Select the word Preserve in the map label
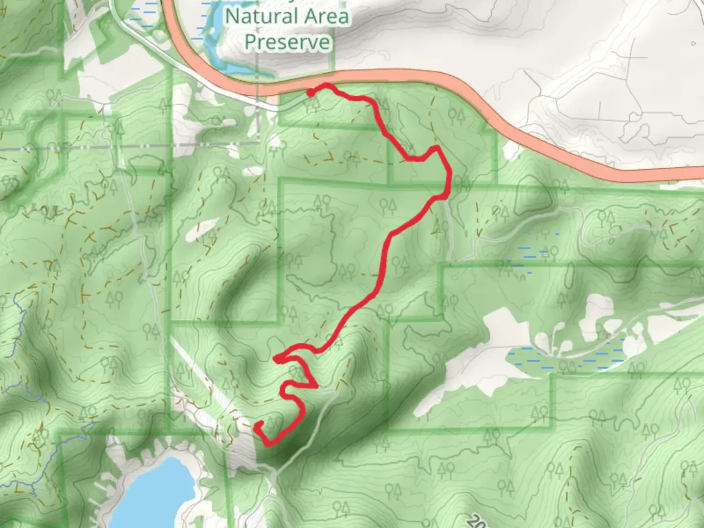(287, 42)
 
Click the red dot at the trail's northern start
(310, 92)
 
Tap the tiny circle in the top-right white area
(693, 44)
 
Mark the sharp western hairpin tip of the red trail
(276, 360)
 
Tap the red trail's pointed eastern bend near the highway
(435, 148)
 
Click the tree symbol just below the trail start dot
(313, 104)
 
